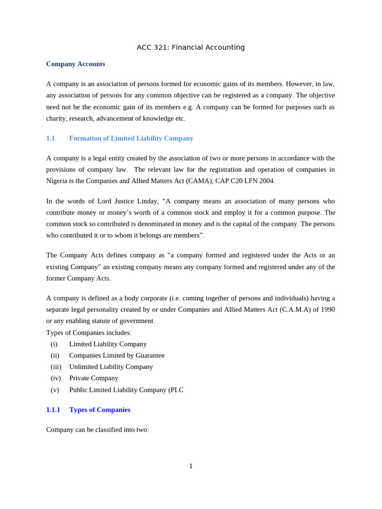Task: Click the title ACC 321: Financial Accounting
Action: pos(191,47)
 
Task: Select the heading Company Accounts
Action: pos(76,64)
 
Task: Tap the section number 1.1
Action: pos(50,138)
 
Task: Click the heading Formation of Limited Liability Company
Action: pos(131,138)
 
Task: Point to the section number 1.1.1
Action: pos(53,410)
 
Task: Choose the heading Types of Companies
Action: pos(99,410)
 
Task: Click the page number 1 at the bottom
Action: pos(191,466)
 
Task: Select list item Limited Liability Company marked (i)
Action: pos(108,344)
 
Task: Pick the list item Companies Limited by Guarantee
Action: pos(117,355)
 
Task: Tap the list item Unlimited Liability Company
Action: pos(111,367)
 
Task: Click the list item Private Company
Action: pos(94,378)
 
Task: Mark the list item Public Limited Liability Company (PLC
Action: pos(126,390)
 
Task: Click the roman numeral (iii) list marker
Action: pos(56,367)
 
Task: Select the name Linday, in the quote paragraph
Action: pos(147,201)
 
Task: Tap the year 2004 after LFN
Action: pos(266,181)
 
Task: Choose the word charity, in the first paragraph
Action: pos(56,118)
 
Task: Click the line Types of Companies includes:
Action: pos(89,333)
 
